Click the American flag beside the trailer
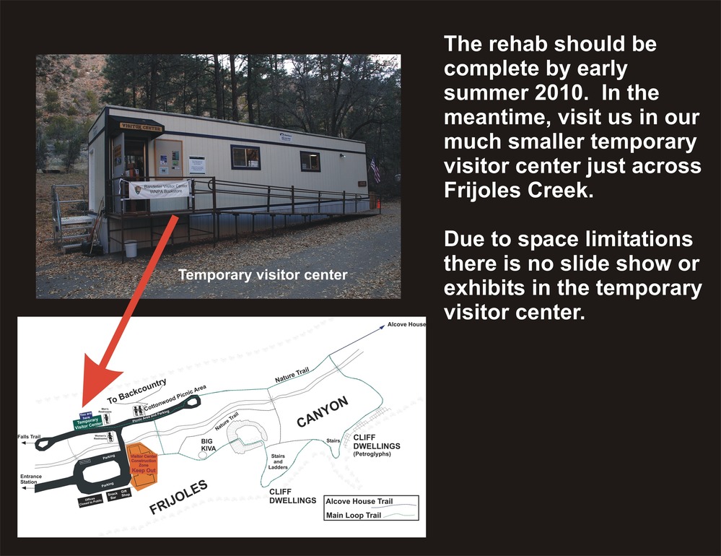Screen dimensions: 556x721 point(375,170)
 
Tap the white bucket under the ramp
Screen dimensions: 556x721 point(131,248)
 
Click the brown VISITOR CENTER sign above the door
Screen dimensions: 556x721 point(136,126)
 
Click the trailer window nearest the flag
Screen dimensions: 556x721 point(310,161)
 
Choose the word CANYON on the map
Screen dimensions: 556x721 point(323,412)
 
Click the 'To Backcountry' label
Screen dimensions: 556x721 point(137,390)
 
